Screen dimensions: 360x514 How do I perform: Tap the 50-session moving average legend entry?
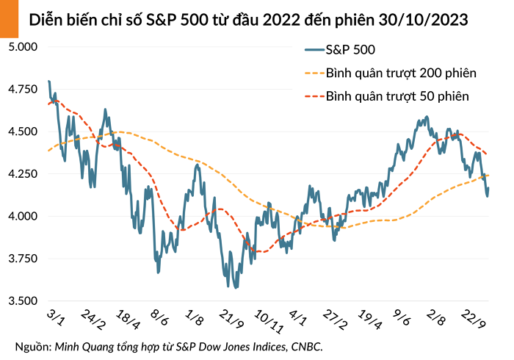[397, 96]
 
